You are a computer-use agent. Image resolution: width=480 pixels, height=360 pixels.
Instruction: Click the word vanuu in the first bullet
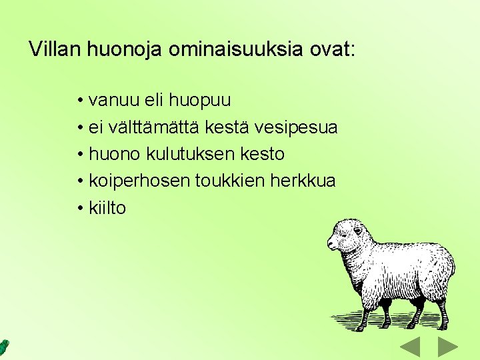[x=110, y=101]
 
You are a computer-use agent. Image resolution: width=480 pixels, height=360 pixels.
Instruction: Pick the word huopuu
[x=200, y=101]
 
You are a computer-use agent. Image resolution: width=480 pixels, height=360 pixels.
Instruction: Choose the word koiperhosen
[x=139, y=181]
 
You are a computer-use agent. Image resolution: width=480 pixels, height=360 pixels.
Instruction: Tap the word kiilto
[x=107, y=207]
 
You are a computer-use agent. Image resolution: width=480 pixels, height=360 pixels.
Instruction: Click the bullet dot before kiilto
[x=79, y=208]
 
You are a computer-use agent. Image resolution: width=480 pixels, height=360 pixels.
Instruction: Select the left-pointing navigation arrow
[x=409, y=347]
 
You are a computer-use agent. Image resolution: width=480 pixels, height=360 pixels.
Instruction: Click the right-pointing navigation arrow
[x=448, y=347]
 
